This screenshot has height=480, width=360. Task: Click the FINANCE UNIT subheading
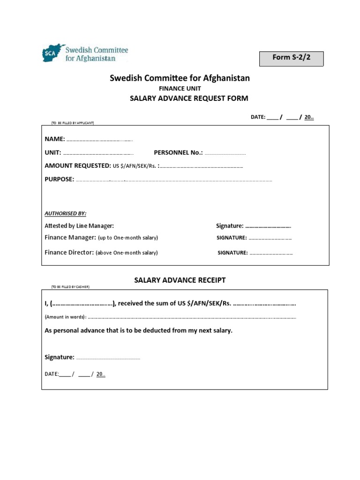(x=180, y=88)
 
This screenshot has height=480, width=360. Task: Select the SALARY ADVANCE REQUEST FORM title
(x=188, y=98)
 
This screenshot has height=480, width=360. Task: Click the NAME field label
(x=54, y=139)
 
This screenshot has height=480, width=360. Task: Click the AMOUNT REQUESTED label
(x=77, y=166)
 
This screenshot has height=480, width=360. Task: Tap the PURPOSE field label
(x=59, y=179)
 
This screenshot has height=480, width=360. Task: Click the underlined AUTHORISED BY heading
(x=66, y=213)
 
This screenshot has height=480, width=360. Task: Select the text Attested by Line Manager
(x=79, y=226)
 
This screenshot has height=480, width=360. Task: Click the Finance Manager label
(x=70, y=238)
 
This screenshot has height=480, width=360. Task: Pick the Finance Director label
(x=69, y=252)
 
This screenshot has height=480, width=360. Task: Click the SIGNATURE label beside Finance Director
(x=232, y=253)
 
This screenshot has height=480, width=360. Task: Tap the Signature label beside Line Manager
(x=230, y=226)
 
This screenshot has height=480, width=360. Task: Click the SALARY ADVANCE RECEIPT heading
(x=180, y=280)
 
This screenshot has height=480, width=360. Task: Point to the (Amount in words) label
(x=66, y=317)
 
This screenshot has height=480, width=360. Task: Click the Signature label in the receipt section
(x=59, y=357)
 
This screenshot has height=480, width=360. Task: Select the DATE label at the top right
(x=258, y=117)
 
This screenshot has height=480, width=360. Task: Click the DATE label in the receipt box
(x=51, y=374)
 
